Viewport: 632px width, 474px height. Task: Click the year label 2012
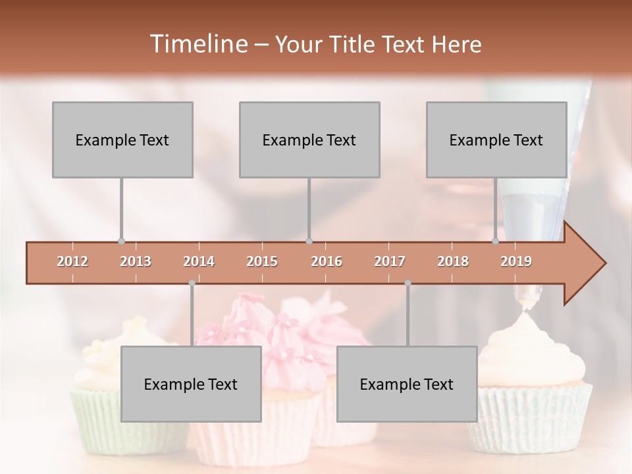click(x=72, y=262)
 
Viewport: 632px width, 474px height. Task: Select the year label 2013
click(x=136, y=262)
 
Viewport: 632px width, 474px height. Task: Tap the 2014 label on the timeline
click(x=199, y=262)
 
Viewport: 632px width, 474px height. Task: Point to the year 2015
click(x=262, y=262)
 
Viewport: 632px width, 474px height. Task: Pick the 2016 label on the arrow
click(x=327, y=262)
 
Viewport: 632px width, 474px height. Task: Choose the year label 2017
click(x=390, y=262)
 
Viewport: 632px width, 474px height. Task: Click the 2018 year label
click(x=453, y=262)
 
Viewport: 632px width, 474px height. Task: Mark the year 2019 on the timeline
click(x=516, y=262)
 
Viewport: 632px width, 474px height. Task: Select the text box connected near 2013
click(x=122, y=140)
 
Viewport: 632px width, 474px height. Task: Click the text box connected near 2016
click(x=309, y=140)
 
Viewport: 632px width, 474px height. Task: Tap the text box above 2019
click(x=496, y=140)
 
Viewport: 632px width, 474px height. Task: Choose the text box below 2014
click(x=191, y=384)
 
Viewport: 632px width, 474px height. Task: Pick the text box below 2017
click(x=407, y=384)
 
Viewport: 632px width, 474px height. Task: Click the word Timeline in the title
click(x=197, y=44)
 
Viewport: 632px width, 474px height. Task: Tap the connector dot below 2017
click(x=408, y=283)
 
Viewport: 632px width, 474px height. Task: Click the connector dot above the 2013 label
click(x=121, y=241)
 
